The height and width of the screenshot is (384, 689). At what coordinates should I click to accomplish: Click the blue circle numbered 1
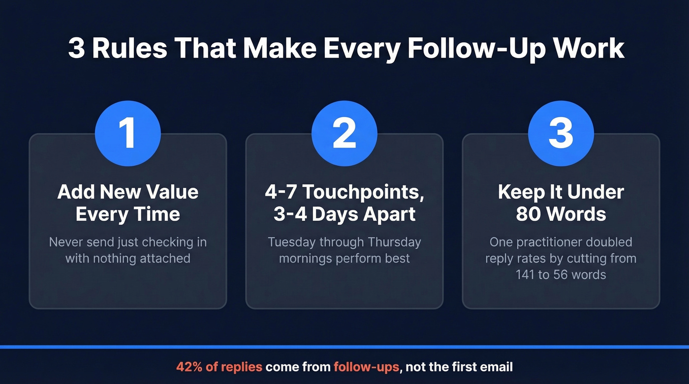128,133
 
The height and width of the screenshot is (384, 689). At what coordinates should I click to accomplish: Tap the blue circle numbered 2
344,133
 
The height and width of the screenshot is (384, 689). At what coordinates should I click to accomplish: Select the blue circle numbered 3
561,133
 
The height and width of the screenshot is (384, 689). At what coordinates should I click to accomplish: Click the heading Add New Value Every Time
128,203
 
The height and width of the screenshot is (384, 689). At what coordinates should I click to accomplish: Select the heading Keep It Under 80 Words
561,203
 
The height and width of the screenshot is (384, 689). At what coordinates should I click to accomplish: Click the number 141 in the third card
525,274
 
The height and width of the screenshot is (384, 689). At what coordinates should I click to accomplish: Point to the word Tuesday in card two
292,242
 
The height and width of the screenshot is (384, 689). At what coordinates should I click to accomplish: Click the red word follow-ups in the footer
366,367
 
